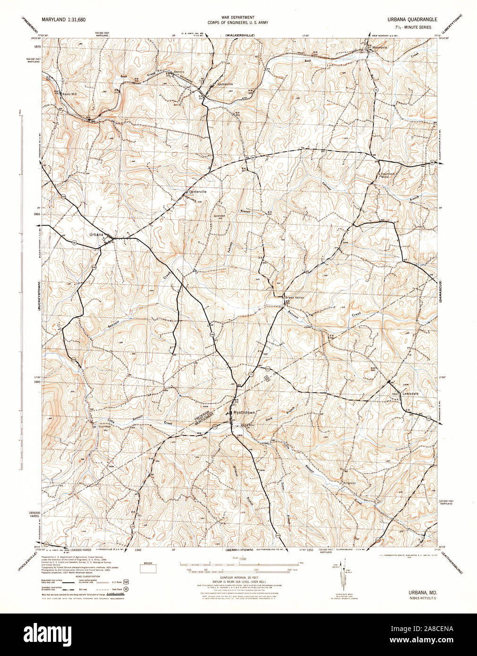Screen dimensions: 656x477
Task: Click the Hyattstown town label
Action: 244,412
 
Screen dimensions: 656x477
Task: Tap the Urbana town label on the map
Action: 97,234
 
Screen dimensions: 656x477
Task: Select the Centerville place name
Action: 198,192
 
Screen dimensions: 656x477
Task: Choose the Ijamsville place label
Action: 225,84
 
